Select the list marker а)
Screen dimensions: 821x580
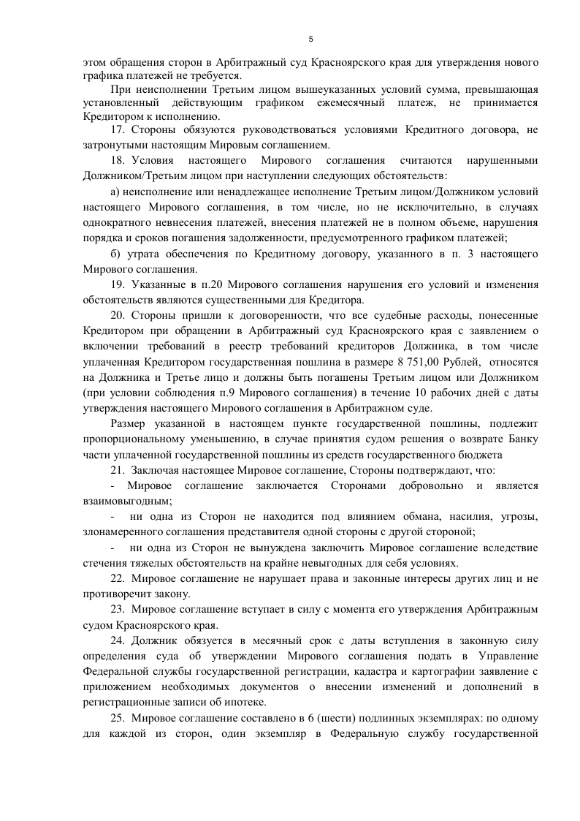click(115, 192)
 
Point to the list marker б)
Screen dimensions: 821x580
click(115, 253)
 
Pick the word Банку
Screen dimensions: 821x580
click(522, 439)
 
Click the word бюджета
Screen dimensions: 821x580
click(484, 455)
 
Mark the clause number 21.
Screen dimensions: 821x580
click(118, 470)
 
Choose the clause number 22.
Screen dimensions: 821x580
click(118, 578)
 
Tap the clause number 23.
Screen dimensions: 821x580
click(118, 610)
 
